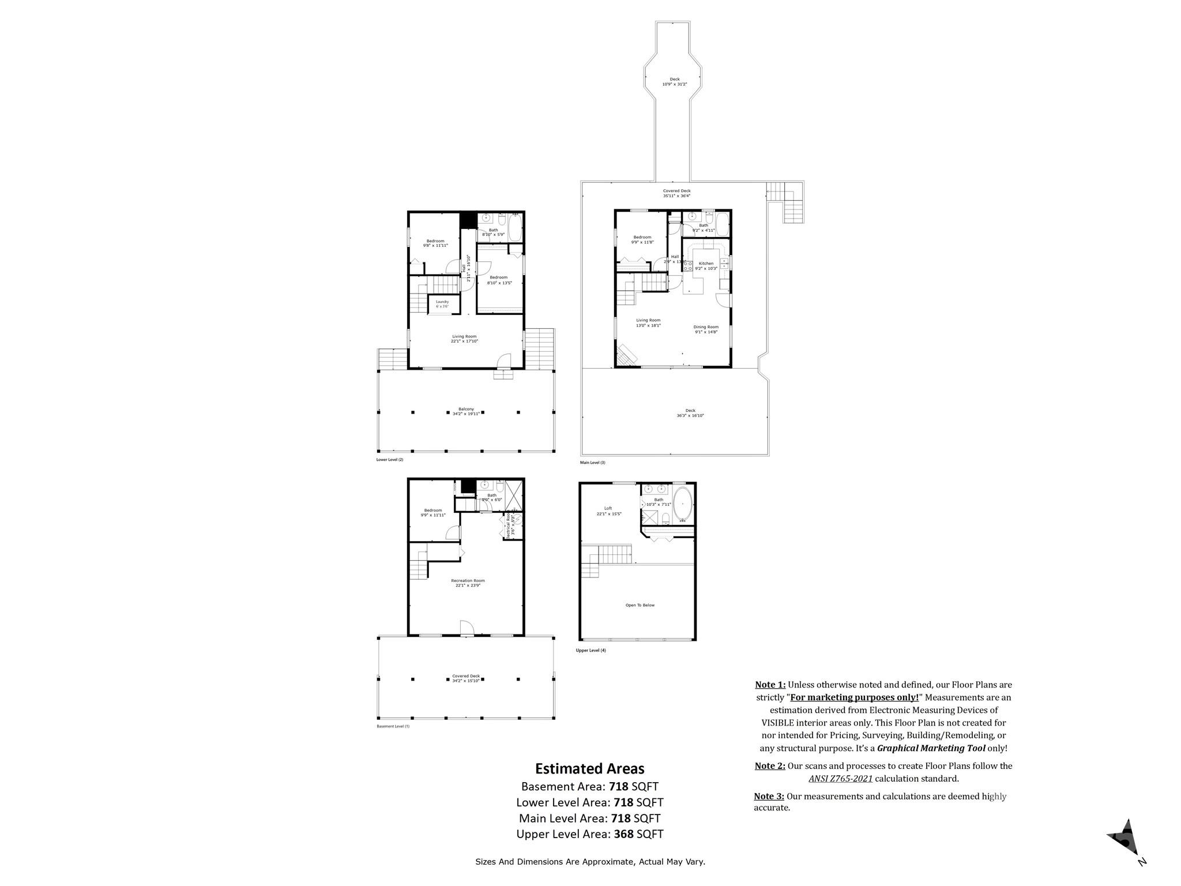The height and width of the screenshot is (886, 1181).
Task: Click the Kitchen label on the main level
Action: point(706,264)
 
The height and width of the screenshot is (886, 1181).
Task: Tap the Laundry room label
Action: point(442,302)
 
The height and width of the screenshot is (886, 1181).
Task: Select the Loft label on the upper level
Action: point(608,508)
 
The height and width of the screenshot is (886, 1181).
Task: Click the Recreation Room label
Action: point(468,581)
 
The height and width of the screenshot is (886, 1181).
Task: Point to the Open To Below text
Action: point(640,605)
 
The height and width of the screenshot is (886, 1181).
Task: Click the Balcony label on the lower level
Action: point(466,409)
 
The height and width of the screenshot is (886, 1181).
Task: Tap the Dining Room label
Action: point(706,327)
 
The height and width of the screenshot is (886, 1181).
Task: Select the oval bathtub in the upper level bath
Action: point(682,504)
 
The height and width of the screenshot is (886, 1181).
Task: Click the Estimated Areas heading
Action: point(589,768)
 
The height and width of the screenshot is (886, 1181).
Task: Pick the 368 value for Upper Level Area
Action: point(624,834)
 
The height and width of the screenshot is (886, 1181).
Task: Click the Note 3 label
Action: point(769,797)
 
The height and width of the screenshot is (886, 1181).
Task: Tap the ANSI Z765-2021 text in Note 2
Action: point(840,779)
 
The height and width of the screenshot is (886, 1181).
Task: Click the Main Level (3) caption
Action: point(592,463)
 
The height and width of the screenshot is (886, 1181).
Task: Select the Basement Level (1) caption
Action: point(393,726)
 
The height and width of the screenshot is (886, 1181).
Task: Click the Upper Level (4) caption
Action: point(591,651)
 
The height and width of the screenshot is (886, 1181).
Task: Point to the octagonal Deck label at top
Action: point(674,80)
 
